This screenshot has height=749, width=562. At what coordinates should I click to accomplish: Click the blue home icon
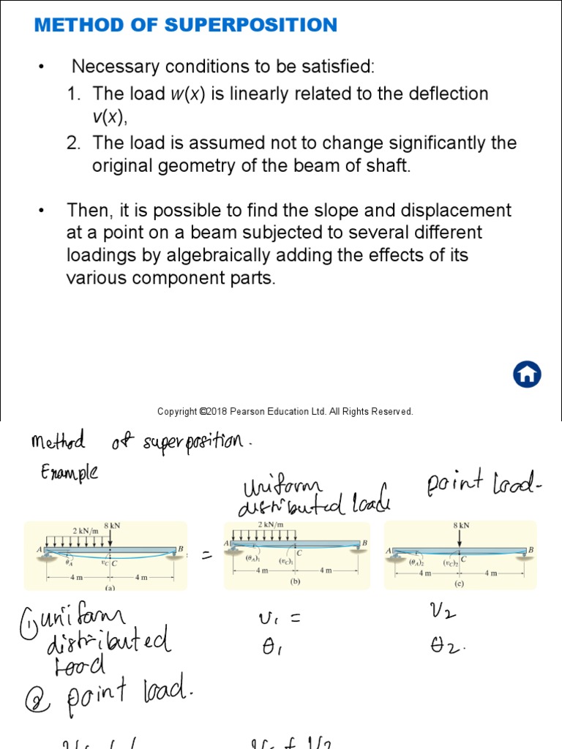526,374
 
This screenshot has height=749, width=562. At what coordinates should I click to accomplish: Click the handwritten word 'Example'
70,473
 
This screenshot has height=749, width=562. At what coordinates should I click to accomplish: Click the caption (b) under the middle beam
295,583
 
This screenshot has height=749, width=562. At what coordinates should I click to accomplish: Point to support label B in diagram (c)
531,549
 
